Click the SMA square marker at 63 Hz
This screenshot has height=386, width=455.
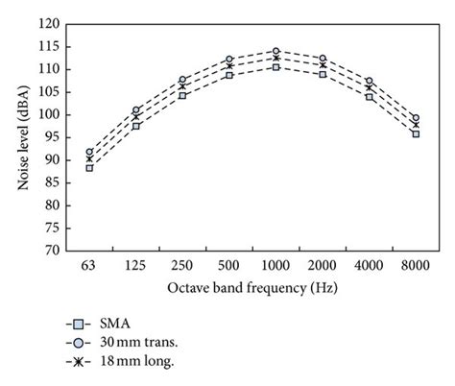coord(89,168)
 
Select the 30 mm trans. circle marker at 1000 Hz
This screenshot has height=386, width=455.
coord(275,51)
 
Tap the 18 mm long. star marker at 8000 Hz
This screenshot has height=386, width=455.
coord(416,125)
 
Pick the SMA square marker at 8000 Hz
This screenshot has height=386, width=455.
coord(416,133)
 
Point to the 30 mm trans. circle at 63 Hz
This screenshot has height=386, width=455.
coord(89,152)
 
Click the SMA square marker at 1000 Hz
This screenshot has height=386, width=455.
coord(275,67)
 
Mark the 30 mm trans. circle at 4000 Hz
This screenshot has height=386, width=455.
coord(369,81)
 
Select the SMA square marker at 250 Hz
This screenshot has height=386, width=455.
coord(182,95)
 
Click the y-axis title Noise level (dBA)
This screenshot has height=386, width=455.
coord(22,136)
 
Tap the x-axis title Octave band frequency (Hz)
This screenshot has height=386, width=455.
coord(251,287)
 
